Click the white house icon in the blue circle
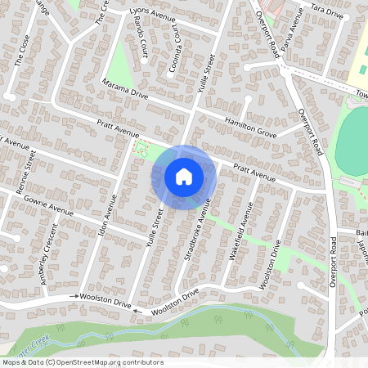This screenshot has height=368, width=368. [183, 176]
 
